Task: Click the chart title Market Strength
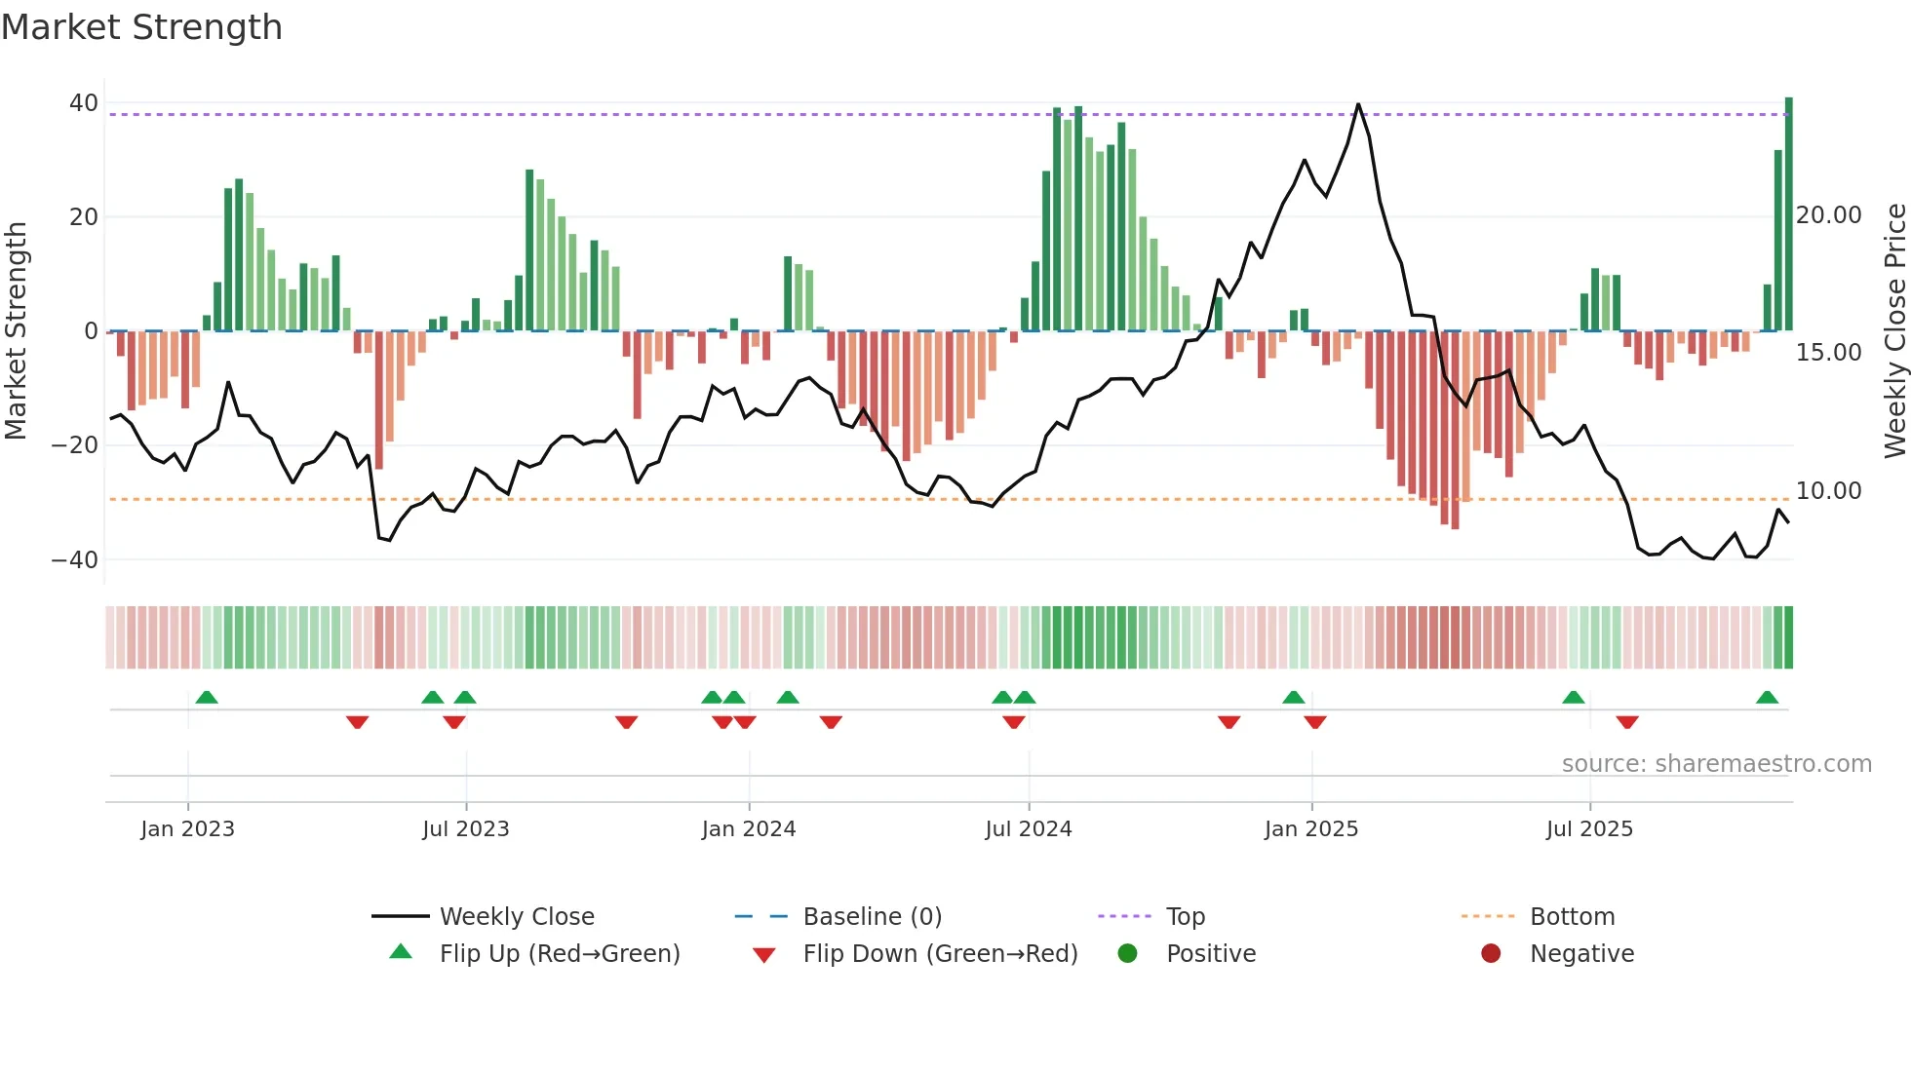click(x=141, y=27)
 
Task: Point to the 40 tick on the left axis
click(x=84, y=103)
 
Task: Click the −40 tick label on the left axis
click(x=75, y=560)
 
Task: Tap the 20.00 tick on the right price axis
click(x=1828, y=215)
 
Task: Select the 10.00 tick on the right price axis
click(x=1828, y=491)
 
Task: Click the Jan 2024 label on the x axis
click(x=748, y=829)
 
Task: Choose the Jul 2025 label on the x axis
click(x=1588, y=829)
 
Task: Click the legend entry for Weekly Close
click(x=516, y=917)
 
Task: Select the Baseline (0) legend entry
click(x=872, y=917)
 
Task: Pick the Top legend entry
click(x=1185, y=917)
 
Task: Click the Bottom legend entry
click(x=1572, y=917)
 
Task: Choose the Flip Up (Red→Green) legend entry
click(x=559, y=954)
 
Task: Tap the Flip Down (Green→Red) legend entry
click(x=939, y=954)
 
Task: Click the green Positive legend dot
click(x=1128, y=954)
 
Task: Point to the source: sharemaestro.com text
click(x=1716, y=764)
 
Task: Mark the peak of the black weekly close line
click(x=1358, y=104)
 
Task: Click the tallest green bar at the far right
click(x=1788, y=214)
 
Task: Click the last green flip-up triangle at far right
click(x=1767, y=698)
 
